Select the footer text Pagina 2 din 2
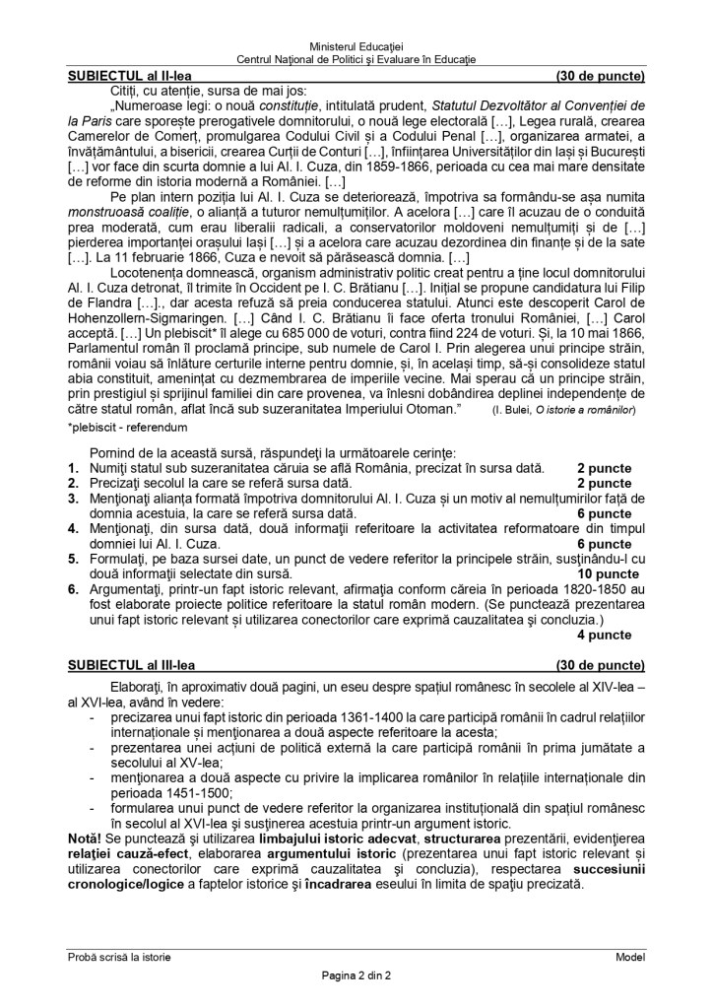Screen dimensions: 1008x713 pyautogui.click(x=356, y=976)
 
